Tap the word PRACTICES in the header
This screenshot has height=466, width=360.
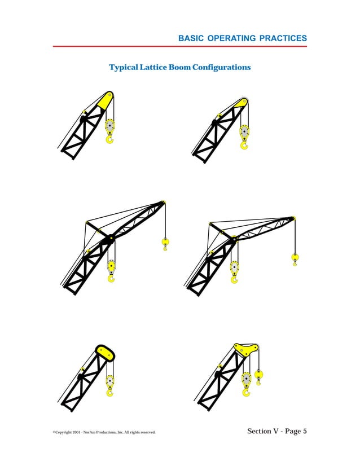(283, 38)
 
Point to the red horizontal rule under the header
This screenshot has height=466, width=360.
(180, 46)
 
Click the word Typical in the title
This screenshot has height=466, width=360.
(124, 68)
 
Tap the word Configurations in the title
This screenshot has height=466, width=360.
(221, 68)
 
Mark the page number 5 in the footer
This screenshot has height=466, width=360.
(305, 432)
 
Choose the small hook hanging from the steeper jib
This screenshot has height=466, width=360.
(165, 244)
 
